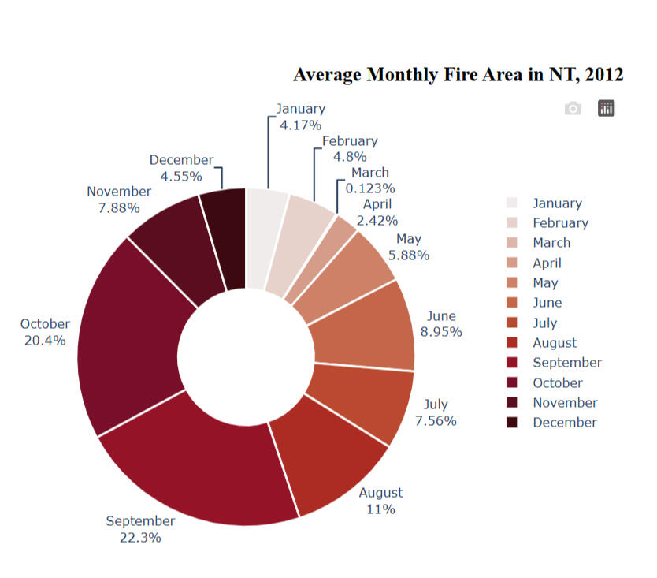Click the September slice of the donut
coord(197,465)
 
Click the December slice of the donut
coord(224,237)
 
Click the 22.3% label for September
coord(140,538)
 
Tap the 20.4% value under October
coord(45,341)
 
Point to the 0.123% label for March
coord(370,188)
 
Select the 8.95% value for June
coord(441,332)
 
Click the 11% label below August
coord(380,509)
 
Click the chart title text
coord(458,74)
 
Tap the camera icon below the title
coord(573,108)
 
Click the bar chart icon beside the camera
coord(606,108)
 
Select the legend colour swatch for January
coord(512,203)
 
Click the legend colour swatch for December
coord(512,423)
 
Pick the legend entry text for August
coord(555,343)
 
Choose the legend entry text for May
coord(545,283)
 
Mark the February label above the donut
coord(350,141)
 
